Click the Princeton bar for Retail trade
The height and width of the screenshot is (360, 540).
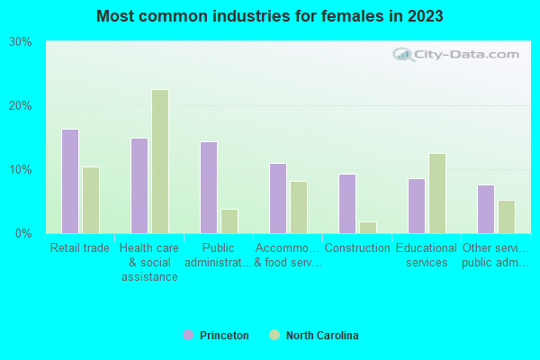[69, 181]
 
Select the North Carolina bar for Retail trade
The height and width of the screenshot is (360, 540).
[91, 200]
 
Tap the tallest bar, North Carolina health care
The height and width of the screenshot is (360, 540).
[160, 161]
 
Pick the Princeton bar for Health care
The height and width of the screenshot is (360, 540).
[139, 185]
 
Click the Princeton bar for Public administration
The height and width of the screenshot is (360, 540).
[208, 187]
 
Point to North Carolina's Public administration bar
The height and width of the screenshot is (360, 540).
[229, 221]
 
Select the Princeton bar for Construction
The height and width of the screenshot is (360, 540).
[346, 203]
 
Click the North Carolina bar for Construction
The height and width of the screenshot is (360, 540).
[368, 227]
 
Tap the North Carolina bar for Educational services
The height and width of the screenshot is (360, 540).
[437, 193]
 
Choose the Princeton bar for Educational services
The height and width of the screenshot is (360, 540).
[416, 206]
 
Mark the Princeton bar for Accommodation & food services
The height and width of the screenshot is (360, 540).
[277, 198]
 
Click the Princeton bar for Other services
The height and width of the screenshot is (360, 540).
[485, 209]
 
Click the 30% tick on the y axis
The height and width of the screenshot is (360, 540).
[21, 42]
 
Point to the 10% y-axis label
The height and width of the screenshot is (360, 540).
[21, 170]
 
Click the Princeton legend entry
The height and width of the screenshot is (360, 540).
[216, 336]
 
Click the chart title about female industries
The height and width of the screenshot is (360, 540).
[270, 16]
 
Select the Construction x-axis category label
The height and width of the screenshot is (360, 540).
[357, 248]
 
